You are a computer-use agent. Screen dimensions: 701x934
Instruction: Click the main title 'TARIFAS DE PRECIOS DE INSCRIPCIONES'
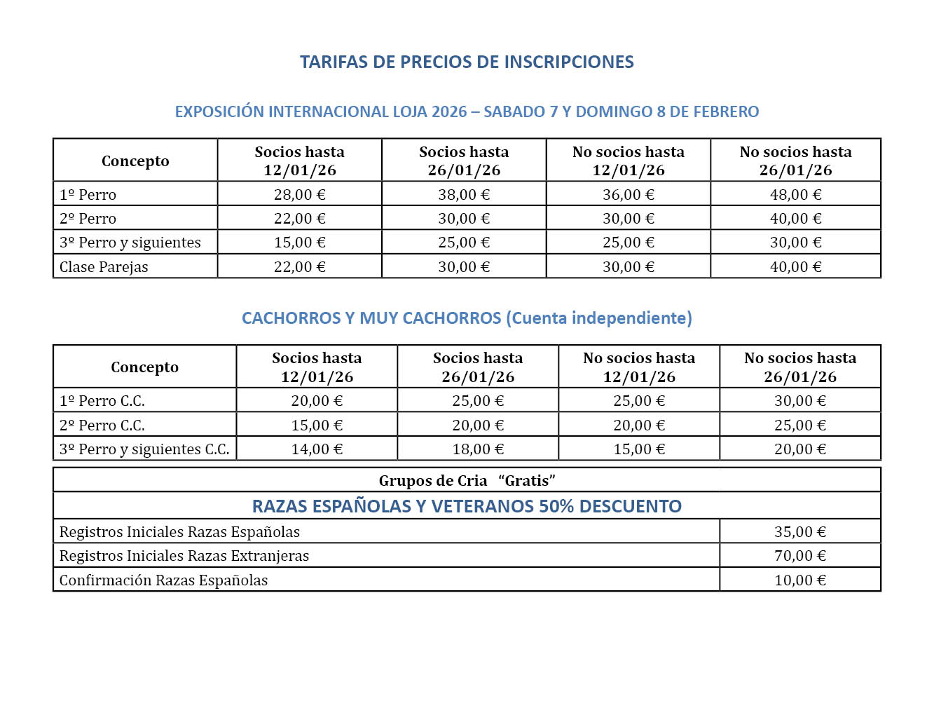pyautogui.click(x=467, y=62)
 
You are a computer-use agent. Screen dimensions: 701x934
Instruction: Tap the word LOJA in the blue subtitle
pyautogui.click(x=409, y=111)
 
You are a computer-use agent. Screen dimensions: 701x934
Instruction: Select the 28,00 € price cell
pyautogui.click(x=300, y=194)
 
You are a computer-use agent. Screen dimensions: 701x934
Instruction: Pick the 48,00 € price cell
pyautogui.click(x=795, y=194)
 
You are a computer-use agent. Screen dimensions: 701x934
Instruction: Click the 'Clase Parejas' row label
pyautogui.click(x=104, y=267)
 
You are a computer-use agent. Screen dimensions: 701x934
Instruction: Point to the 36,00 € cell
pyautogui.click(x=629, y=194)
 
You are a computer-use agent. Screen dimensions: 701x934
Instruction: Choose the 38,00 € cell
pyautogui.click(x=464, y=194)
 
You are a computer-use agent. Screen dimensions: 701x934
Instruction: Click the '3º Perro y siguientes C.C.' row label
pyautogui.click(x=144, y=449)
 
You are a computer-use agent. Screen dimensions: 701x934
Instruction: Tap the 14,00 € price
pyautogui.click(x=317, y=449)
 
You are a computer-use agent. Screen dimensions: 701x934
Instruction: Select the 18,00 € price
pyautogui.click(x=478, y=449)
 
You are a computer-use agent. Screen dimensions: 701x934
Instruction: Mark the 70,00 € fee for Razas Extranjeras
pyautogui.click(x=800, y=556)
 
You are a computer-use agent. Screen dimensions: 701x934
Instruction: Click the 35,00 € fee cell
pyautogui.click(x=800, y=532)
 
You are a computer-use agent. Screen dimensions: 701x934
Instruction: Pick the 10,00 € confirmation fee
pyautogui.click(x=800, y=580)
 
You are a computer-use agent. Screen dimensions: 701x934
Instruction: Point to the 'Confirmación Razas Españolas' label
pyautogui.click(x=163, y=580)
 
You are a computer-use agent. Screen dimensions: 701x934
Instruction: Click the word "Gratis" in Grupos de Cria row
pyautogui.click(x=527, y=481)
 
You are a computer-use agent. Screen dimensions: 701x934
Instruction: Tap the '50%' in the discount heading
pyautogui.click(x=556, y=506)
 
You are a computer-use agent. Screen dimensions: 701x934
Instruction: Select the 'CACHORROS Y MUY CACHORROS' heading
pyautogui.click(x=371, y=318)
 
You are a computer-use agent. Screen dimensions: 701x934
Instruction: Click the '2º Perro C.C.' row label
pyautogui.click(x=102, y=426)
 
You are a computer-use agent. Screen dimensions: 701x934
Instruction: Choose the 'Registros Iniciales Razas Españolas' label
pyautogui.click(x=179, y=532)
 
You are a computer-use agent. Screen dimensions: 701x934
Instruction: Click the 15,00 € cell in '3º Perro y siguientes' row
pyautogui.click(x=300, y=243)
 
